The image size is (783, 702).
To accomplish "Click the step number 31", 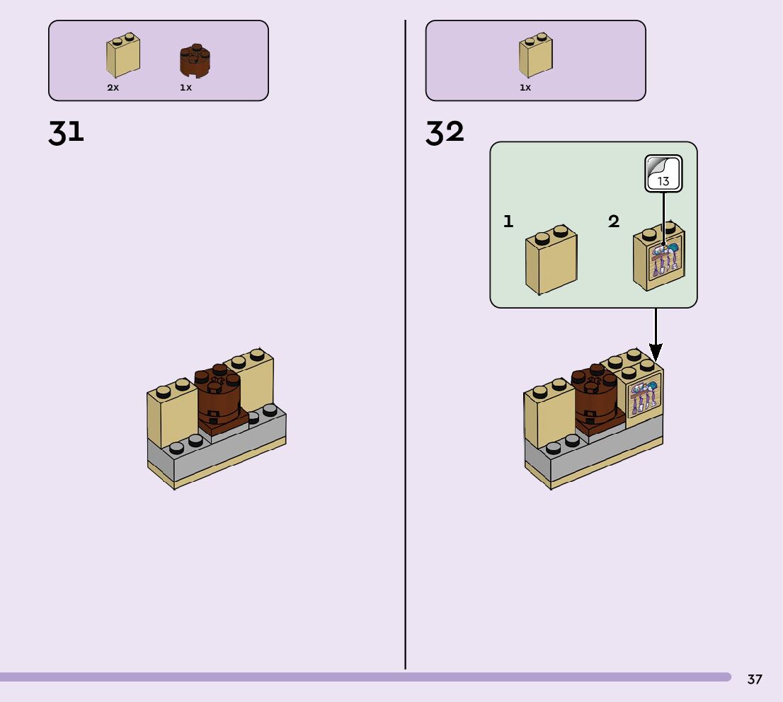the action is pos(66,132).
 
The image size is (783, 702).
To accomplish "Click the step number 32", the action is pos(445,132).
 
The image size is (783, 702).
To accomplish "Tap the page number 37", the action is pos(755,679).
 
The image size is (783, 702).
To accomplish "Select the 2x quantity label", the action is pos(113,88).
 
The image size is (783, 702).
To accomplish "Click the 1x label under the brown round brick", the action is pos(185,88).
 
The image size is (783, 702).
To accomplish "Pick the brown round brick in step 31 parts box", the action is pos(195,60).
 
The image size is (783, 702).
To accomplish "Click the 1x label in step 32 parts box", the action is pos(525,88).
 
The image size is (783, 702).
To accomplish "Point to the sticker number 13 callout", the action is pos(663,174).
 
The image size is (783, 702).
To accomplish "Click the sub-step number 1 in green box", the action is pos(508,221).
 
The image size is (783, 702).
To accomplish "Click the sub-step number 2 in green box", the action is pos(614,221).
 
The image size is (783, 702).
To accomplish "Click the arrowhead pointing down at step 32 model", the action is pos(656,352).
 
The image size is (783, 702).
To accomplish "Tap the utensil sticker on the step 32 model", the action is pos(644,398).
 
